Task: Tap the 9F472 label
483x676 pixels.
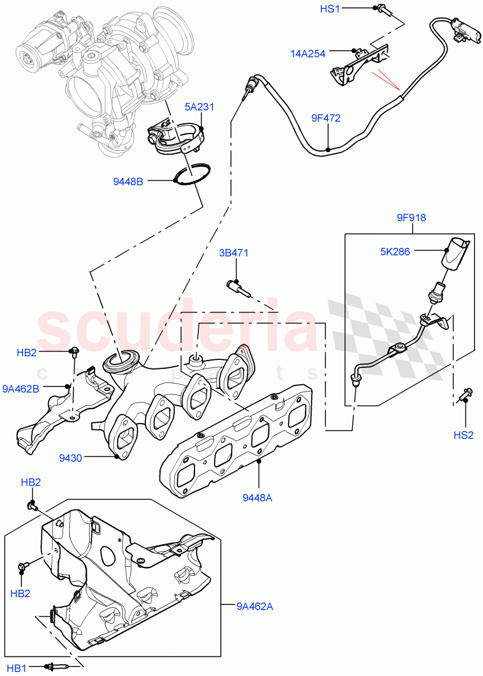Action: click(326, 118)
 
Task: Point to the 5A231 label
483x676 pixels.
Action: click(200, 106)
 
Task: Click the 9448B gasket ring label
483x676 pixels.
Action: click(128, 181)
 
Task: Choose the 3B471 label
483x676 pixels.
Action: click(234, 253)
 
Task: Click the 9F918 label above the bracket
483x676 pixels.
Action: click(411, 217)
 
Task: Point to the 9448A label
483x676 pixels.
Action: click(258, 497)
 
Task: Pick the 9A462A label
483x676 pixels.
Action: click(254, 606)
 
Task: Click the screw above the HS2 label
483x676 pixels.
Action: click(465, 394)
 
